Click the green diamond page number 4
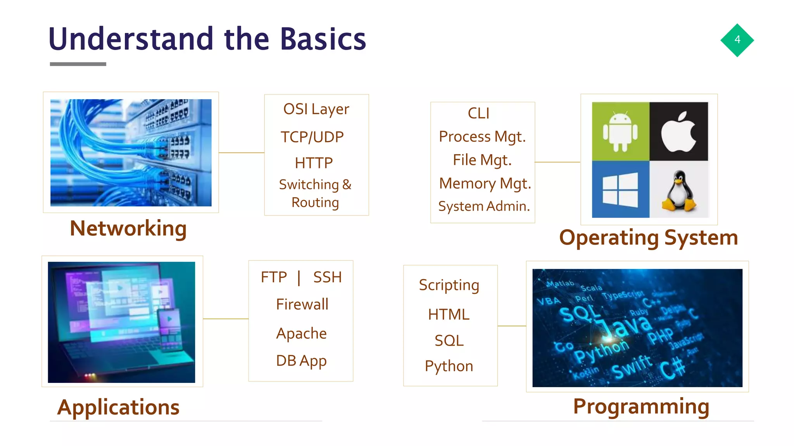[x=737, y=40]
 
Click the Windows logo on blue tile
[x=620, y=190]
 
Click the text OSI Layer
[x=316, y=110]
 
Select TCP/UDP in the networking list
[x=312, y=137]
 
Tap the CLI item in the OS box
[x=478, y=113]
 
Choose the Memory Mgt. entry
[x=485, y=184]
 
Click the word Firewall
[x=302, y=304]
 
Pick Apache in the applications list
[x=301, y=333]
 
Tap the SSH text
[x=327, y=277]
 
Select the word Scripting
[x=449, y=285]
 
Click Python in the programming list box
[x=449, y=366]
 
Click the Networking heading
[x=128, y=228]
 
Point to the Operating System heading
[x=648, y=238]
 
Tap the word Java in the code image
[x=624, y=325]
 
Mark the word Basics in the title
[x=323, y=39]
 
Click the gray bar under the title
[x=78, y=64]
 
